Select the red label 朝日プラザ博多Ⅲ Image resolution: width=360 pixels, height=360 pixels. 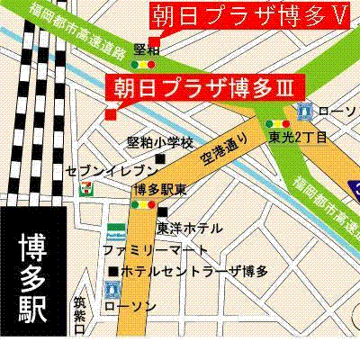coord(206,87)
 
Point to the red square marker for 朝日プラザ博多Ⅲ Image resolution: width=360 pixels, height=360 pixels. coord(111,113)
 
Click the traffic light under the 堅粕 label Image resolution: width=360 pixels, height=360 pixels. coord(143,66)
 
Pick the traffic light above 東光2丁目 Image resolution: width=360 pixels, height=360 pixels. coord(276,124)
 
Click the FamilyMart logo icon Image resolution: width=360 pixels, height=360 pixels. coord(117,228)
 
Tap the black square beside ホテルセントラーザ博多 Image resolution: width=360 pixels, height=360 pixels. coord(112,270)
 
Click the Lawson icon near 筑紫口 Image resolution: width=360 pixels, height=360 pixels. coord(112,290)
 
